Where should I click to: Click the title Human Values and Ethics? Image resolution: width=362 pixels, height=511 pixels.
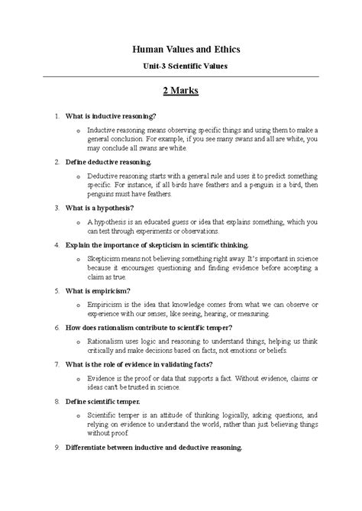181,48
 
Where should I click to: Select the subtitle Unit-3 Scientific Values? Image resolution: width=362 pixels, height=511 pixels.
181,66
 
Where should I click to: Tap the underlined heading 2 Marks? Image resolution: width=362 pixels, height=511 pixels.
181,91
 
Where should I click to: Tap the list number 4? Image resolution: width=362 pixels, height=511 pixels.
57,245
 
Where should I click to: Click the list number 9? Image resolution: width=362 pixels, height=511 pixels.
57,447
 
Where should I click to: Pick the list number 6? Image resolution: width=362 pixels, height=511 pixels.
57,328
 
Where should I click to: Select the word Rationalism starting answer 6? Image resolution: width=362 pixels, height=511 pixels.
108,342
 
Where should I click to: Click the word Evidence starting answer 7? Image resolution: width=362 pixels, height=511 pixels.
103,379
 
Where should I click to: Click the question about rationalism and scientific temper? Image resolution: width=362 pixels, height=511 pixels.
149,328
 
